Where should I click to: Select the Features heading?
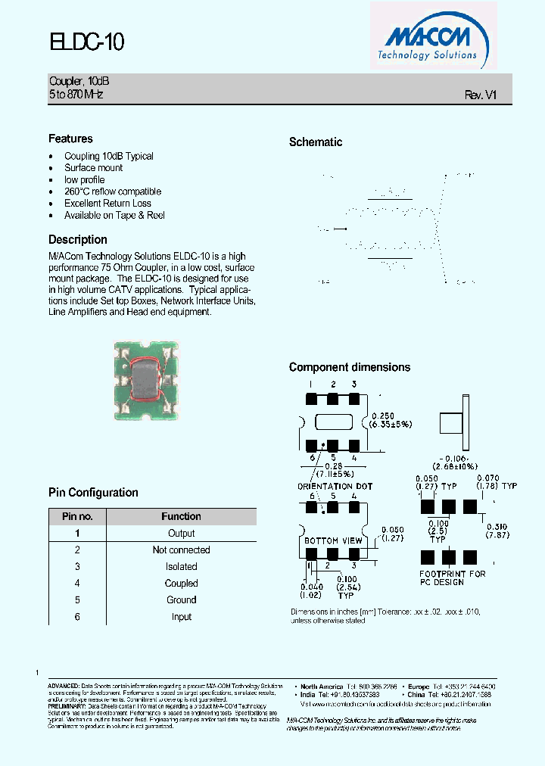tap(70, 139)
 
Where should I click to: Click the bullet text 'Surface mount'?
tap(93, 168)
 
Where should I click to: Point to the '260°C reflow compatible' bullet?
tap(113, 191)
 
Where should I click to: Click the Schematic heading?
tap(316, 142)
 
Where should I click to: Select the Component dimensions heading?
tap(350, 367)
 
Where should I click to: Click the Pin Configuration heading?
tap(93, 493)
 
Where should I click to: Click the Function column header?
tap(181, 517)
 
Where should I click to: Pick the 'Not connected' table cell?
tap(181, 550)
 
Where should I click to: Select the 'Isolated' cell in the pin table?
tap(181, 567)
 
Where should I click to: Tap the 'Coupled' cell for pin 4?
tap(181, 584)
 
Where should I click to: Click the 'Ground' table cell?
tap(181, 600)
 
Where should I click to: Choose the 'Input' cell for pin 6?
tap(181, 617)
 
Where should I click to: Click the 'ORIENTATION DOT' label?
tap(335, 486)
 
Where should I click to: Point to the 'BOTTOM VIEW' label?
tap(333, 541)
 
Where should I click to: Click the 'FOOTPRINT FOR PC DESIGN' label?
tap(453, 578)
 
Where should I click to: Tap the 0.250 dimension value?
tap(385, 416)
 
